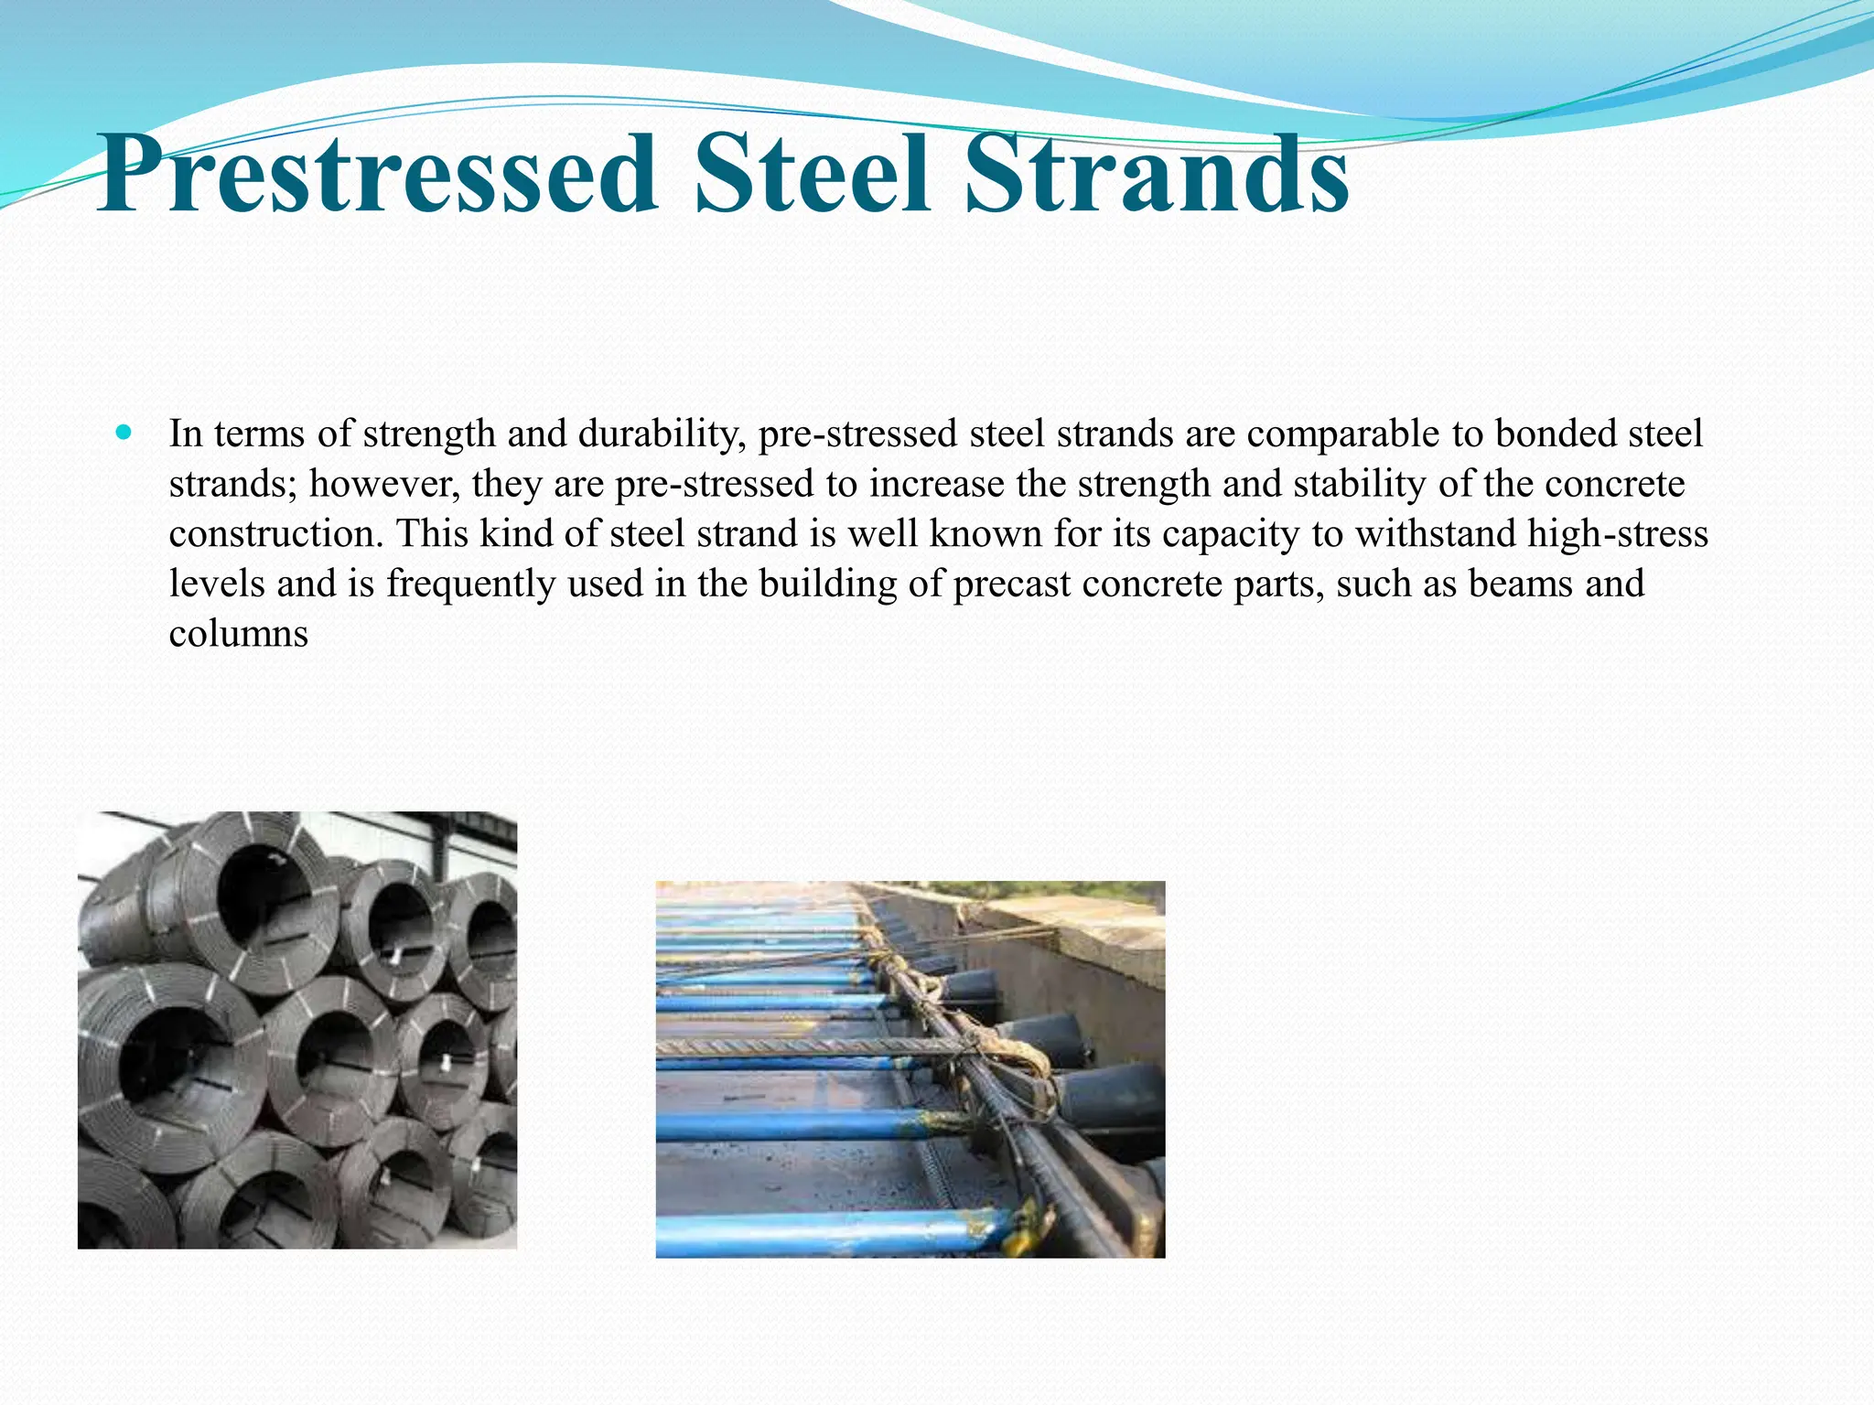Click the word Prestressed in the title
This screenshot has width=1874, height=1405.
click(x=376, y=174)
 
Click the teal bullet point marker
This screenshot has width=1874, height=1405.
click(x=125, y=431)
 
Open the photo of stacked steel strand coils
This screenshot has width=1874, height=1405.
click(x=297, y=1030)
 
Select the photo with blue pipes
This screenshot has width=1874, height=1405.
click(x=910, y=1069)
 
